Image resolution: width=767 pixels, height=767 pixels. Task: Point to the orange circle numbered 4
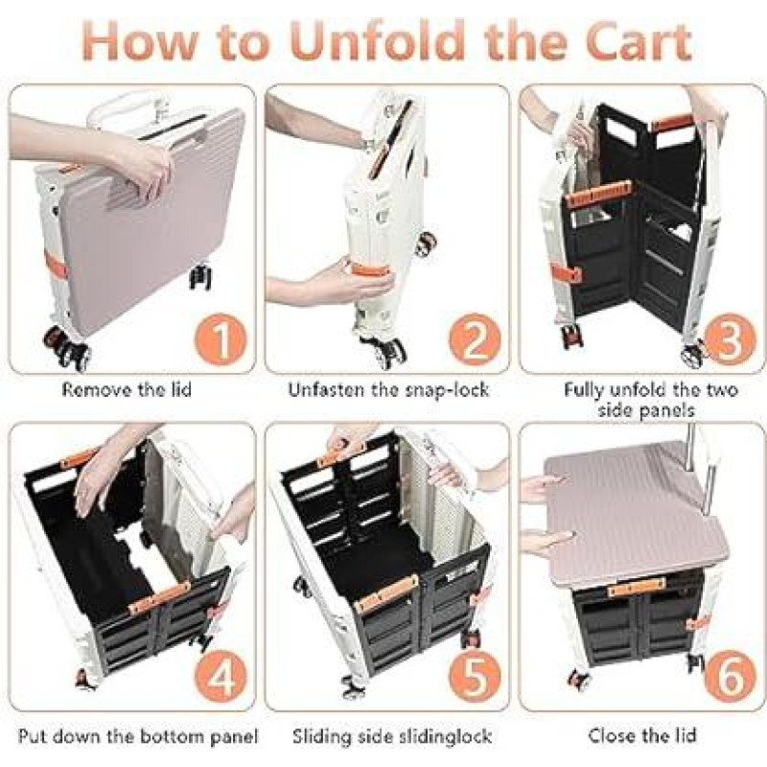coord(221,678)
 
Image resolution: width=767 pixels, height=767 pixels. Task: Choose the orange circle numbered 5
coord(475,678)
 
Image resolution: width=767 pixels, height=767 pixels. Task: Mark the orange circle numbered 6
coord(729,678)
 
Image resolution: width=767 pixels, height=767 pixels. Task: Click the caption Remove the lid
coord(127,390)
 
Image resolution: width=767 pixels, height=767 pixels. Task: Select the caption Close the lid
coord(641,735)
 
